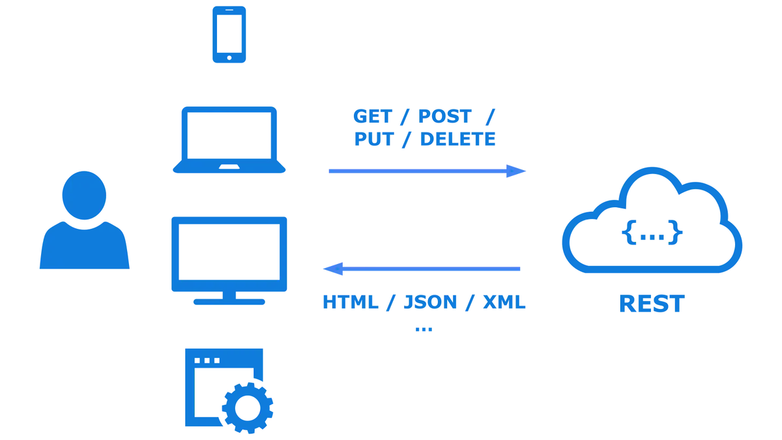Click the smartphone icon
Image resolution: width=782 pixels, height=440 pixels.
point(229,34)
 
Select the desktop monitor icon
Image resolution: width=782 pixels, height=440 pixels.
point(229,256)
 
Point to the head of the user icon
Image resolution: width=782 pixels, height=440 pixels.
point(83,194)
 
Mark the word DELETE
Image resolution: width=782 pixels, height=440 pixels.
point(456,139)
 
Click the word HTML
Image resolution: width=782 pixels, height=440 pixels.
point(351,302)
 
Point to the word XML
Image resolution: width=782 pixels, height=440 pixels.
point(502,302)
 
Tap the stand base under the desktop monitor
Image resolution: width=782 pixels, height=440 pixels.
point(229,303)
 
